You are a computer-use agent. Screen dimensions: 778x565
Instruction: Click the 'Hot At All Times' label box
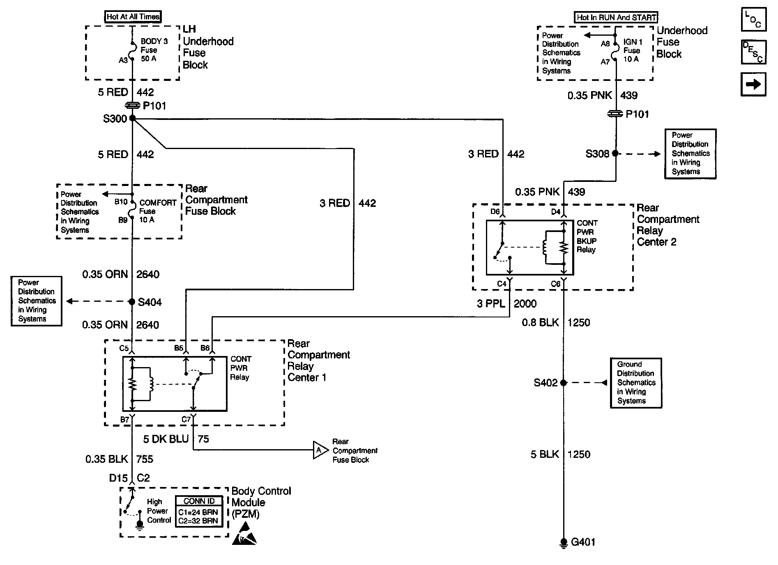(133, 17)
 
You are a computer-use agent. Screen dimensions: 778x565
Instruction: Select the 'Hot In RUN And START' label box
(616, 17)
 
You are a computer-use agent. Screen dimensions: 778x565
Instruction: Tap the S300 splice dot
(132, 118)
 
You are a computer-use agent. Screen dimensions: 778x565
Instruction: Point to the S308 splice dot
(615, 153)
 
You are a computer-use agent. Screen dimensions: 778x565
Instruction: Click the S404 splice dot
(132, 302)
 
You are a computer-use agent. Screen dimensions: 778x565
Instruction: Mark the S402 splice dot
(564, 383)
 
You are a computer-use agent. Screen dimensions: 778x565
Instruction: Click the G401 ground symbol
(564, 543)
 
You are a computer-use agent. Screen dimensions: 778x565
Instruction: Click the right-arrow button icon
(753, 85)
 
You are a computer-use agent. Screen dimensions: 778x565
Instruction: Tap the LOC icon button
(753, 19)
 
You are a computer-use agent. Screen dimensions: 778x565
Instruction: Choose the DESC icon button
(753, 52)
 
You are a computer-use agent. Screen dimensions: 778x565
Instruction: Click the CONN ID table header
(199, 501)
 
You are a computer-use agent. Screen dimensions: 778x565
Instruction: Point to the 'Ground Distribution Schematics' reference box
(636, 383)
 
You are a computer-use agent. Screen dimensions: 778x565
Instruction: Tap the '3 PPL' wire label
(491, 303)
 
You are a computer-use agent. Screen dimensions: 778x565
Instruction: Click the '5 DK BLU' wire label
(166, 439)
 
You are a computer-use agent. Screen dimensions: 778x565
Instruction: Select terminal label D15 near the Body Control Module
(118, 478)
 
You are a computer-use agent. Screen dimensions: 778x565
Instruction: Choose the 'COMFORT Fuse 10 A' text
(158, 211)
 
